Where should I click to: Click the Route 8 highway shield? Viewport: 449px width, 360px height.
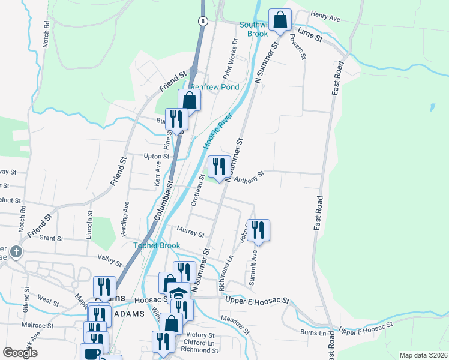pos(204,21)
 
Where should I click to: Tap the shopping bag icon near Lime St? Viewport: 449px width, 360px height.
pos(280,20)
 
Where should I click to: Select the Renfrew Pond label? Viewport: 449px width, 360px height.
pos(215,87)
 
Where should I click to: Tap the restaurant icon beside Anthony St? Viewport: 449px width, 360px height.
pos(218,166)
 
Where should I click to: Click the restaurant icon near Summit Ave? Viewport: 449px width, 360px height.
pos(258,230)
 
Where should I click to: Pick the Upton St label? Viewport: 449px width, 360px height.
pos(158,156)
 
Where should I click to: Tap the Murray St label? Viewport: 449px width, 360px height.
pos(191,232)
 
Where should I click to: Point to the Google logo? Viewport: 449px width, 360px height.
pos(20,353)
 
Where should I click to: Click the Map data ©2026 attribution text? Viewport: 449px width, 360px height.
pos(423,355)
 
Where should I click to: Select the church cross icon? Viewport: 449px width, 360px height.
pos(16,251)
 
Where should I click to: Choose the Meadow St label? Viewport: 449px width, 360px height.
pos(235,324)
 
